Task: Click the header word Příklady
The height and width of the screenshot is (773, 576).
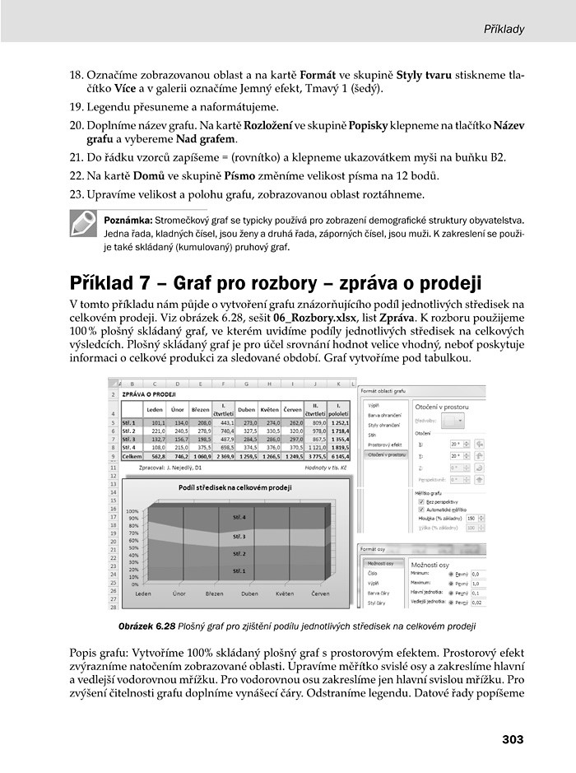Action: click(x=502, y=29)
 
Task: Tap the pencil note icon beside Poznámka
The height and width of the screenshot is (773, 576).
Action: click(x=83, y=224)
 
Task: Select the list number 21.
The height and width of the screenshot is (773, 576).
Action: click(x=76, y=158)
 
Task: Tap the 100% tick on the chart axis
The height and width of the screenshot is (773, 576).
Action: click(x=131, y=511)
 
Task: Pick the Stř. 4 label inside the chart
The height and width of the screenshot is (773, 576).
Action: click(x=239, y=518)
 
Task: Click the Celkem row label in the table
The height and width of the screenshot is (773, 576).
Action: click(x=132, y=458)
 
